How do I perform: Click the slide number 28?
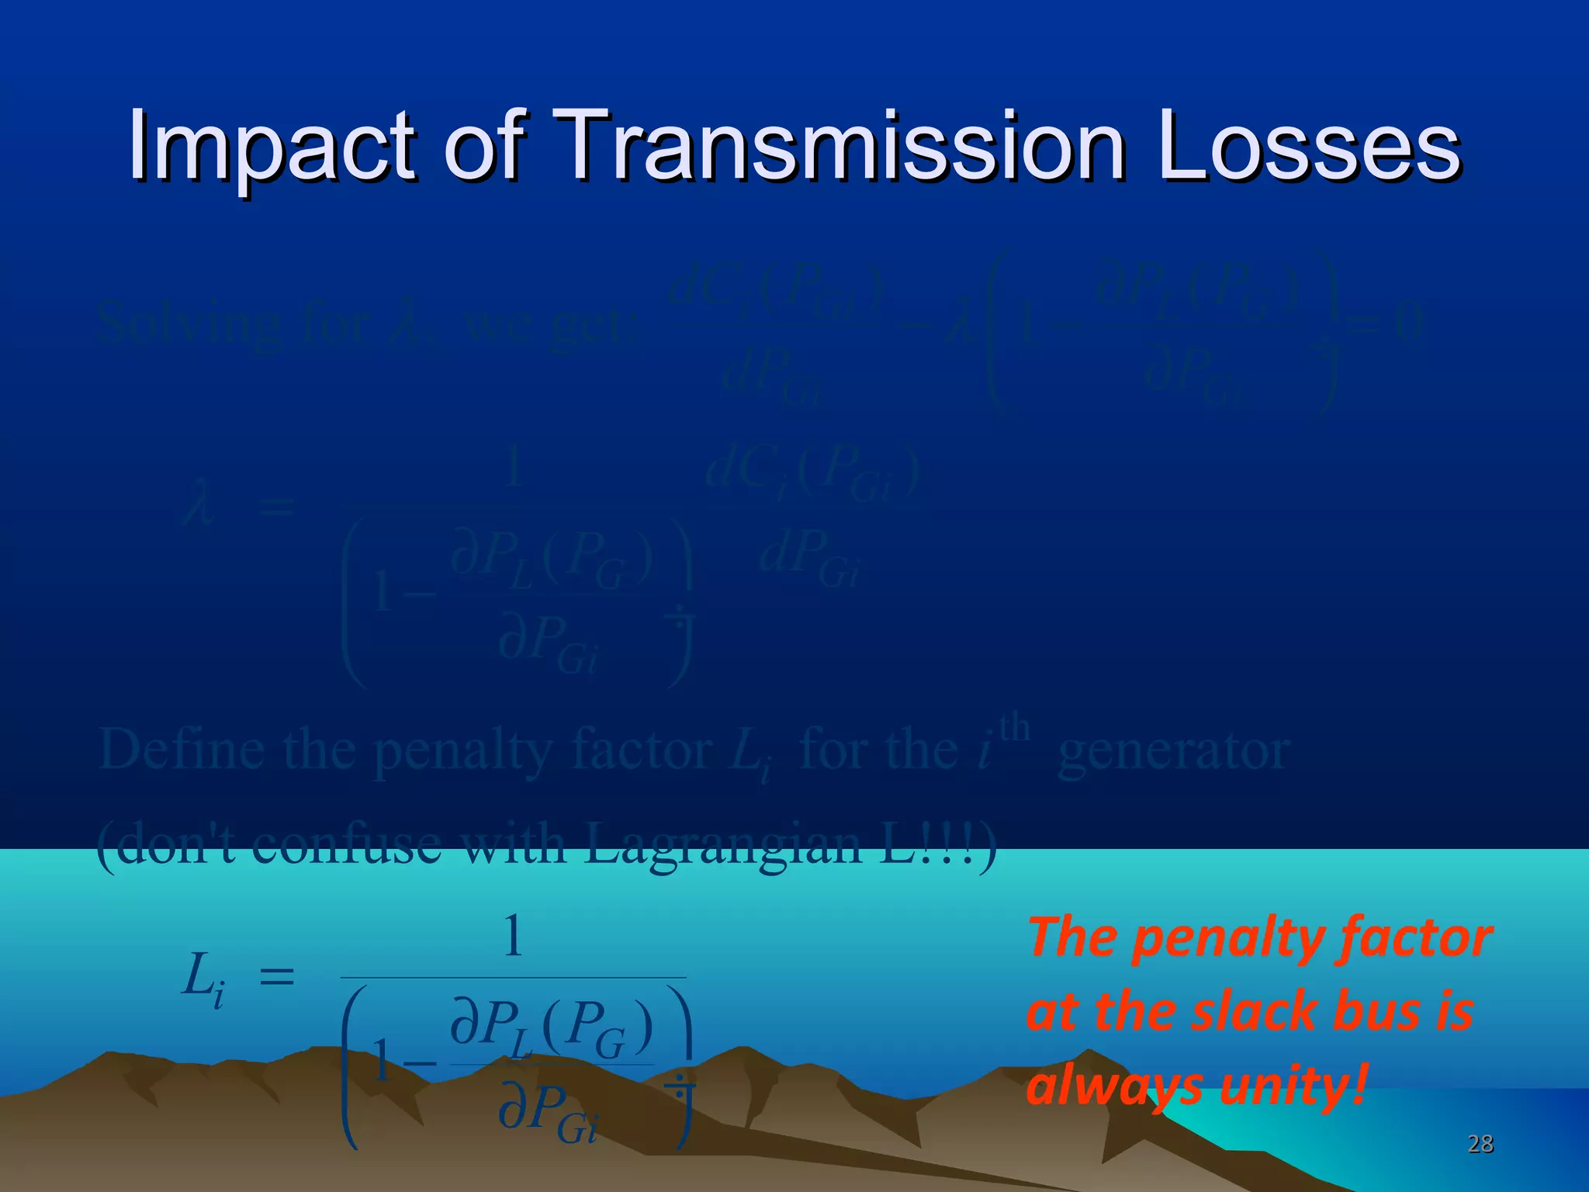tap(1480, 1143)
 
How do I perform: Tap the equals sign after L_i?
tap(276, 976)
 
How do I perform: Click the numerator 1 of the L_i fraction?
tap(513, 937)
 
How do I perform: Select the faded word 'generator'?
tap(1174, 750)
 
